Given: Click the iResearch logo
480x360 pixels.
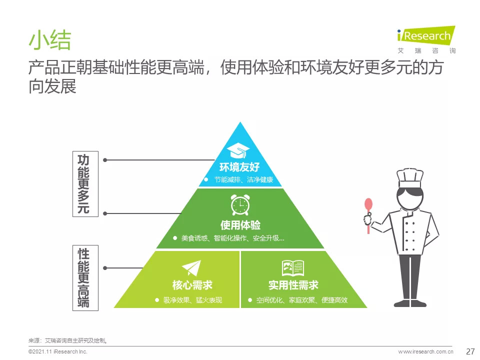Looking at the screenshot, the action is pyautogui.click(x=426, y=40).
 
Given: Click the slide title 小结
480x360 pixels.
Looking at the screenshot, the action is pyautogui.click(x=50, y=40).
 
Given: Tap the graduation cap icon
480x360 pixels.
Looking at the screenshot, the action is pyautogui.click(x=238, y=151).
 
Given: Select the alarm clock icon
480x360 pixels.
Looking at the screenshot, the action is pyautogui.click(x=240, y=205).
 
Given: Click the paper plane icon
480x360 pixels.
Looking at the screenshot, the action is pyautogui.click(x=192, y=268).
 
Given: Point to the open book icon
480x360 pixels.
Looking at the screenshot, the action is pyautogui.click(x=293, y=268).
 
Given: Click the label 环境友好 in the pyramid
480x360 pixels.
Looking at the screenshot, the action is pyautogui.click(x=239, y=167).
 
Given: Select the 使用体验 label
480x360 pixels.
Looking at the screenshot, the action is pyautogui.click(x=240, y=225).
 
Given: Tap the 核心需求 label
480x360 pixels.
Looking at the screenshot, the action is pyautogui.click(x=192, y=285).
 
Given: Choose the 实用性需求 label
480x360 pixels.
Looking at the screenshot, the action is pyautogui.click(x=293, y=285).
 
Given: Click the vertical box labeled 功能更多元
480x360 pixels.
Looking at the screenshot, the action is pyautogui.click(x=85, y=184).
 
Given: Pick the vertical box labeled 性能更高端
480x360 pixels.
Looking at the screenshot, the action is pyautogui.click(x=85, y=278).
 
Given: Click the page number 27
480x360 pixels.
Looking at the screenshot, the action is pyautogui.click(x=470, y=351).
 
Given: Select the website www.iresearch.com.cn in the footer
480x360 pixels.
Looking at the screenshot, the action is pyautogui.click(x=425, y=351).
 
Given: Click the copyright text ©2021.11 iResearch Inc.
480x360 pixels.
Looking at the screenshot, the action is pyautogui.click(x=58, y=351).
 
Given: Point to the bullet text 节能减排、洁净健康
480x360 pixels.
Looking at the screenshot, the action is pyautogui.click(x=243, y=179).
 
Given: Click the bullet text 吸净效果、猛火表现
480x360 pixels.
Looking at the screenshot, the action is pyautogui.click(x=192, y=300).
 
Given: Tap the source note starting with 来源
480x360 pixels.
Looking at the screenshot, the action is pyautogui.click(x=67, y=340).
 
